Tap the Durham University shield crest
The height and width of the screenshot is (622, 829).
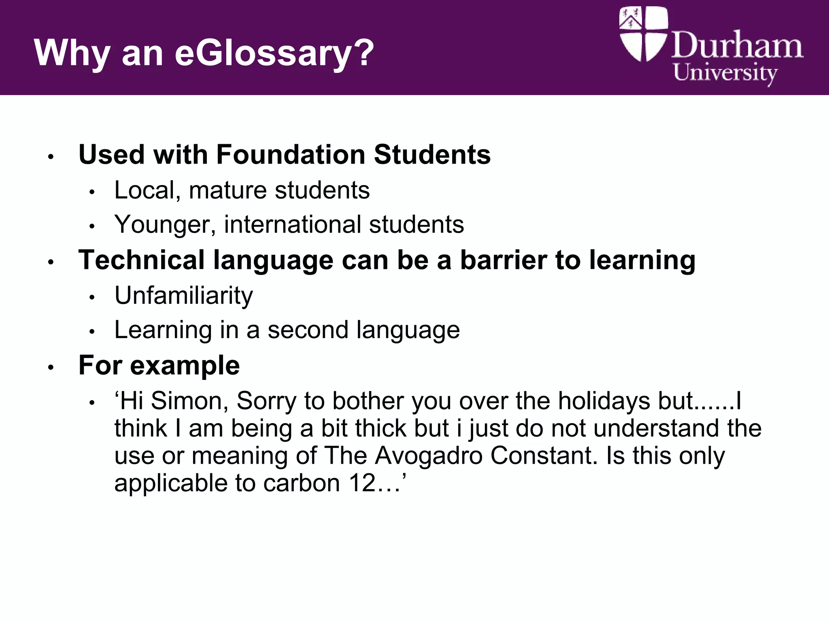click(x=643, y=34)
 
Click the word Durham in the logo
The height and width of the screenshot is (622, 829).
click(x=737, y=45)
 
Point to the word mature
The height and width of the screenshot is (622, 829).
click(x=227, y=190)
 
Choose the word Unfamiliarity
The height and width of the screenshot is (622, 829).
click(x=183, y=296)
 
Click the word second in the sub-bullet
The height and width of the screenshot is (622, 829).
click(x=308, y=330)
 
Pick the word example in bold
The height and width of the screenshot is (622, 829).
click(x=185, y=366)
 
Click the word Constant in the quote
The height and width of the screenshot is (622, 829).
click(x=544, y=456)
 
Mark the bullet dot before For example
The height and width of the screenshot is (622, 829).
click(x=51, y=367)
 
